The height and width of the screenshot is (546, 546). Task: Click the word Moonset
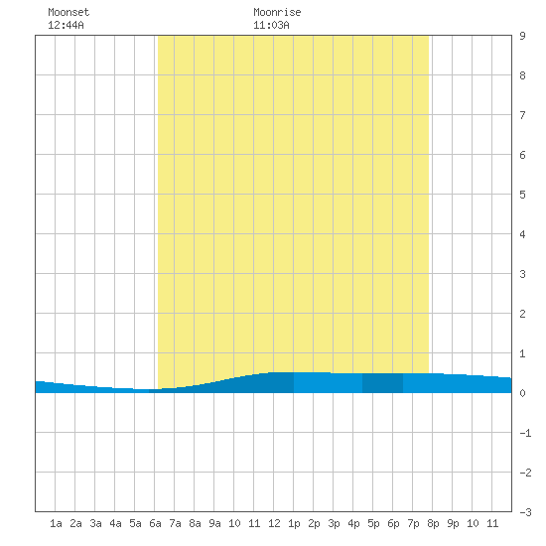tap(68, 12)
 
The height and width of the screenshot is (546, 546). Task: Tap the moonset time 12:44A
tap(66, 25)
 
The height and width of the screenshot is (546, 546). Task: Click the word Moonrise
tap(277, 12)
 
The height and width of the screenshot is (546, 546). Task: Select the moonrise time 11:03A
tap(271, 25)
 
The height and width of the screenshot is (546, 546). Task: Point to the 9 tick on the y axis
tap(522, 36)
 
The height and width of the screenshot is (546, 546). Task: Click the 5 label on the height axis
tap(522, 195)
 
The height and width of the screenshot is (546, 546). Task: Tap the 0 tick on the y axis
tap(522, 393)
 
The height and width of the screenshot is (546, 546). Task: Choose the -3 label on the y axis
tap(525, 512)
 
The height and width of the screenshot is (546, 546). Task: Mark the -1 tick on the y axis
tap(525, 433)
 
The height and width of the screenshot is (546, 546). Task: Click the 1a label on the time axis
tap(56, 523)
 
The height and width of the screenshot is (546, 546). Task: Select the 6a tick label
tap(155, 523)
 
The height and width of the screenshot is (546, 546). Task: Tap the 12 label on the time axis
tap(274, 523)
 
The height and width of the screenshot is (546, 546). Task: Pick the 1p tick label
tap(294, 523)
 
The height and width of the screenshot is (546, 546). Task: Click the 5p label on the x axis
tap(373, 523)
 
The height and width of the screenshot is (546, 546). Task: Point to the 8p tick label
tap(433, 523)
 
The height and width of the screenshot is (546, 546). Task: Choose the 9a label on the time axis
tap(214, 523)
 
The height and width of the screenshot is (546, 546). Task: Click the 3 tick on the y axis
tap(522, 274)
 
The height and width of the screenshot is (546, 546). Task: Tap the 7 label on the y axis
tap(522, 115)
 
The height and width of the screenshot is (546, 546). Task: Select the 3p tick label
tap(334, 523)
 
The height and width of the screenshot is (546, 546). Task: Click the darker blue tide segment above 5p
tap(382, 383)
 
